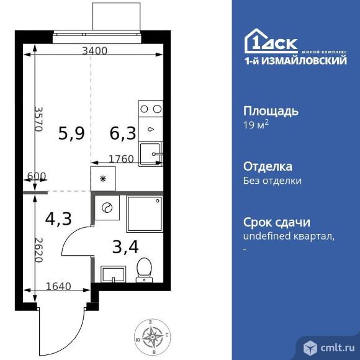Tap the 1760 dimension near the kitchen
point(121,159)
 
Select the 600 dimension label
point(37,176)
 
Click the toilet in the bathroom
point(145,269)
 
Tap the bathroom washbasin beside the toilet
point(112,272)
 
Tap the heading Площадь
point(270,111)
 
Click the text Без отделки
point(272,181)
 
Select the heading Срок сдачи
point(276,222)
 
